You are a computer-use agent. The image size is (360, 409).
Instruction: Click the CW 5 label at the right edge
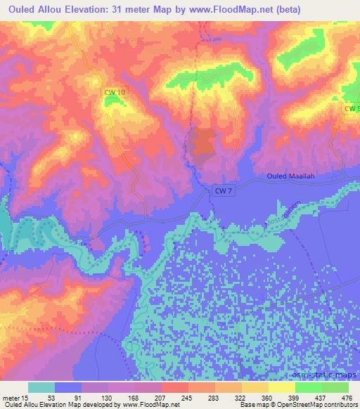click(x=352, y=108)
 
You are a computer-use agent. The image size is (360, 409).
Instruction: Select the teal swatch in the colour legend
click(x=41, y=387)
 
